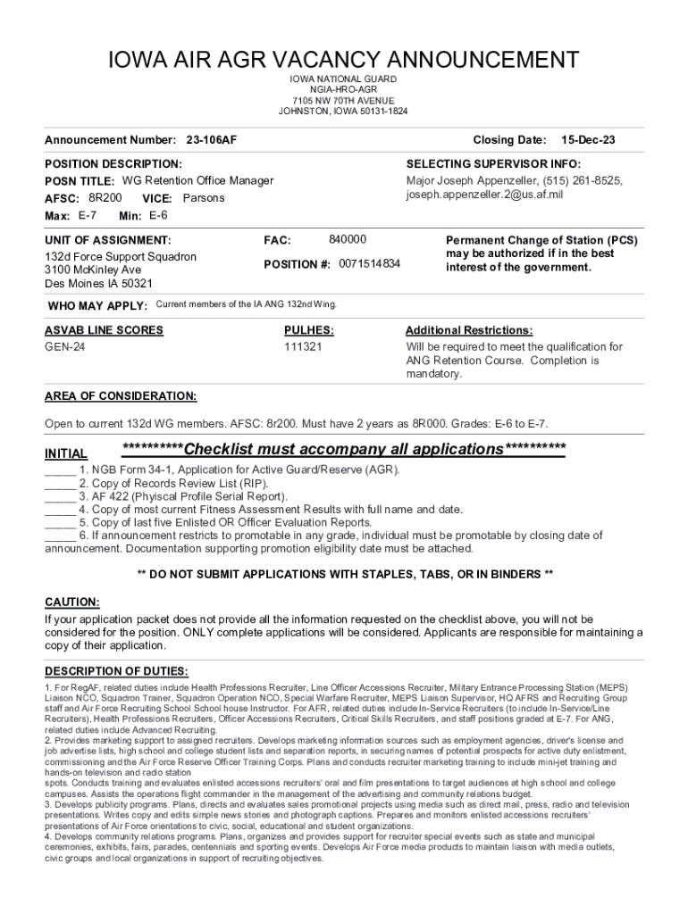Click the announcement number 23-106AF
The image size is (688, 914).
pyautogui.click(x=211, y=140)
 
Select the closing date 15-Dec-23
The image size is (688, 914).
pyautogui.click(x=588, y=140)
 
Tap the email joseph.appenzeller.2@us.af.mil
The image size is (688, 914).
pyautogui.click(x=484, y=195)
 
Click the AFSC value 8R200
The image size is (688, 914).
pyautogui.click(x=105, y=197)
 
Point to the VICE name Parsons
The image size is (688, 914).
pyautogui.click(x=204, y=198)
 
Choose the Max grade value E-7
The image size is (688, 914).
pyautogui.click(x=88, y=216)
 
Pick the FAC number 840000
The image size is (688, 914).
pyautogui.click(x=347, y=240)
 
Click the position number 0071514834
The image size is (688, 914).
pyautogui.click(x=370, y=264)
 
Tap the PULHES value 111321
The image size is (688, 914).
pyautogui.click(x=303, y=346)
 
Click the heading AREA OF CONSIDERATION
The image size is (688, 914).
pyautogui.click(x=121, y=395)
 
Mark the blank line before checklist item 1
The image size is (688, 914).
pyautogui.click(x=60, y=469)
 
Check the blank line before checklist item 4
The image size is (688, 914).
pyautogui.click(x=60, y=510)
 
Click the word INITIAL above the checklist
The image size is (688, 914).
pyautogui.click(x=66, y=453)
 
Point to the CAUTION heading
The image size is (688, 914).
pyautogui.click(x=72, y=602)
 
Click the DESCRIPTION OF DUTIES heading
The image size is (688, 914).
pyautogui.click(x=116, y=671)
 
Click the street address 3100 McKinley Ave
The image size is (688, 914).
pyautogui.click(x=93, y=270)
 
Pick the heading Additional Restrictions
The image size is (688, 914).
pyautogui.click(x=469, y=330)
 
